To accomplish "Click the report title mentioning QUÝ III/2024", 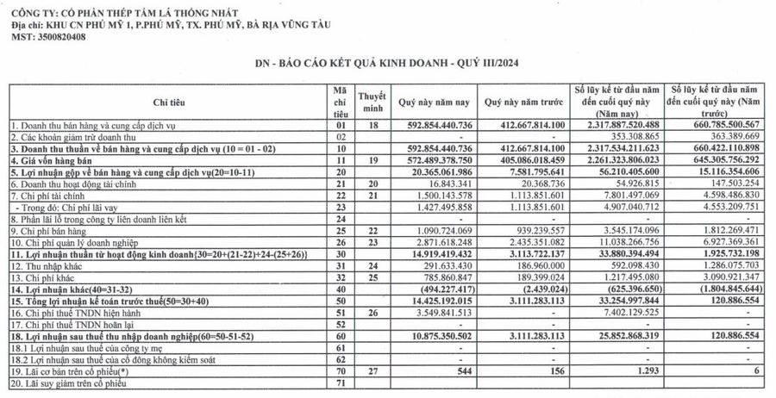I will click(387, 64).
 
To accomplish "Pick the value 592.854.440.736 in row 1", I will click(434, 125).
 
